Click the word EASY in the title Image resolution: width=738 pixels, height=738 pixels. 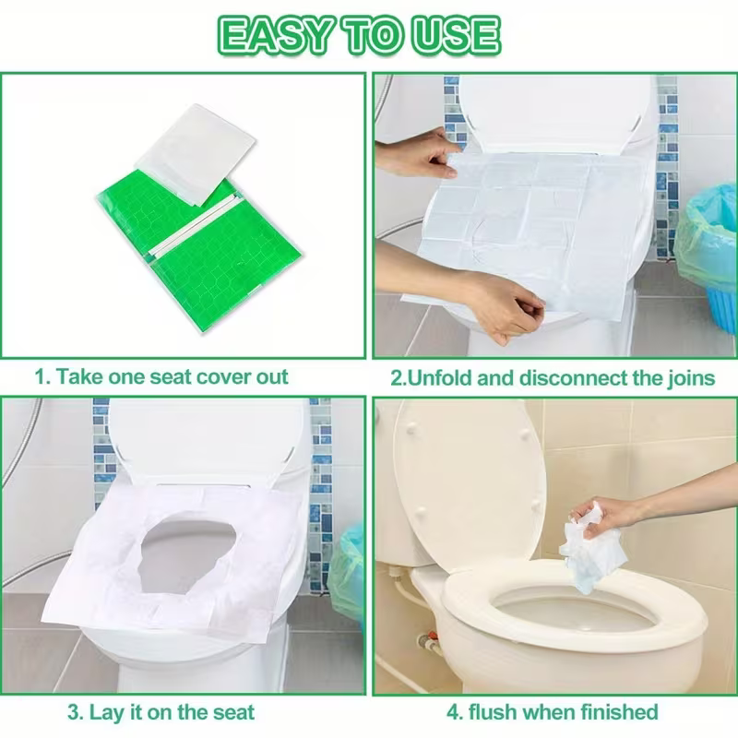click(268, 35)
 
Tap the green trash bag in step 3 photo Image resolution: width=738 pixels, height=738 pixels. click(349, 572)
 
